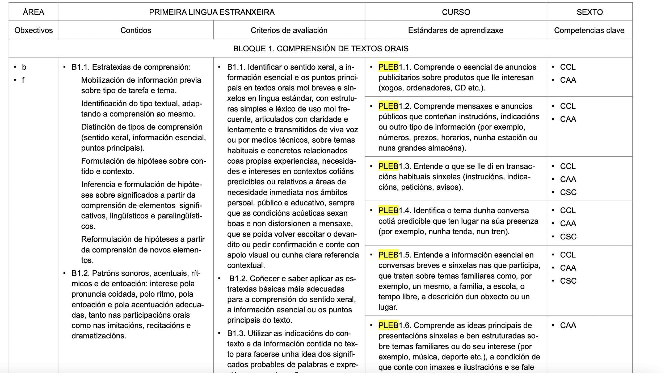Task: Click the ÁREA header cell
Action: pos(33,12)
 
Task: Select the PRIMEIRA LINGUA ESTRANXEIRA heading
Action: pos(212,12)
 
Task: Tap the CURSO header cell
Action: pos(456,12)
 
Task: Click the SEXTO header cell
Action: pos(590,12)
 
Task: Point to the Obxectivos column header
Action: pos(33,30)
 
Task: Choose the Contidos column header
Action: pos(136,30)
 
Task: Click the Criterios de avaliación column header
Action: pos(289,30)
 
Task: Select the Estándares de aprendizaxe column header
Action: pos(456,30)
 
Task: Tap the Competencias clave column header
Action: pos(589,30)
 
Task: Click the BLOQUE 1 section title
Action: pos(321,48)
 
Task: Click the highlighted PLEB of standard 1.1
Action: pos(388,67)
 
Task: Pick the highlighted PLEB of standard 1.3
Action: pos(388,166)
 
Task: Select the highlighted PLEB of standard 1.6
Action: pos(388,325)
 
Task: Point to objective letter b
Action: pos(24,67)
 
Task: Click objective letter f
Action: pos(23,80)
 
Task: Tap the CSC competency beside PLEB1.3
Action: pos(568,192)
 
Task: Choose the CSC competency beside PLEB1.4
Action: pos(568,237)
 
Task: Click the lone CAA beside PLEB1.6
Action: pos(568,325)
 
